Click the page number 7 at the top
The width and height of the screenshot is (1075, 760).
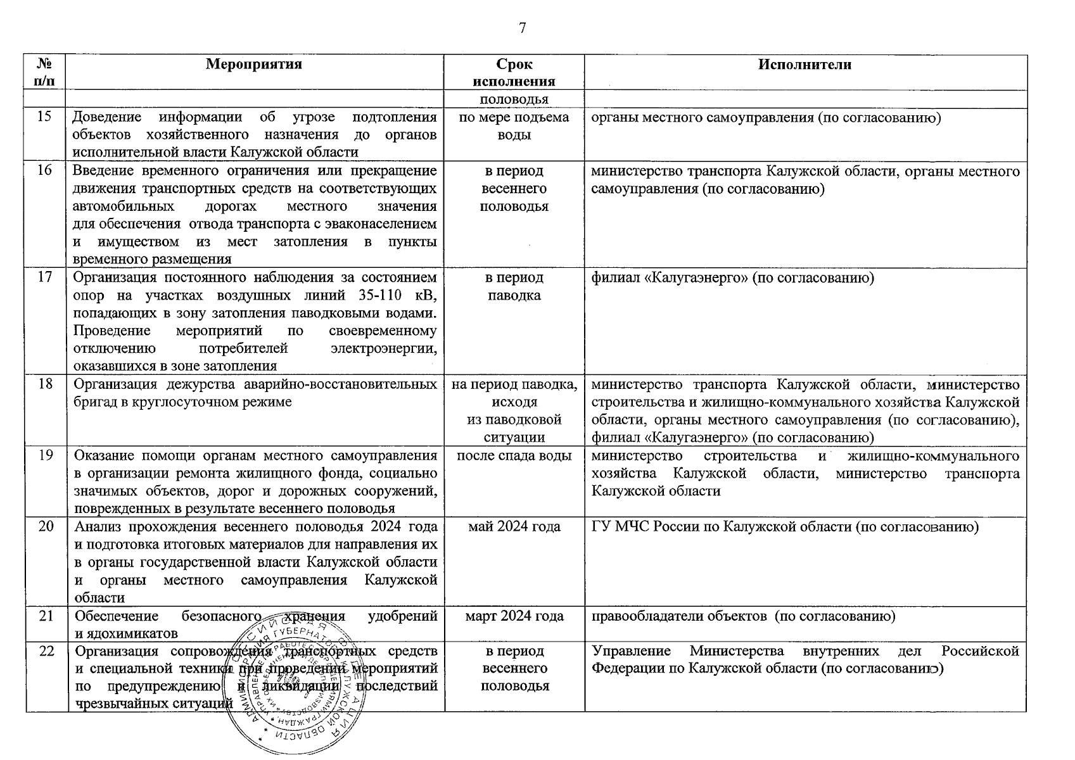coord(522,28)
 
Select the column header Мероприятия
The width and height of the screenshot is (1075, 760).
coord(254,65)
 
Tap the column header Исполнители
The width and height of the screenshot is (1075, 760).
coord(805,65)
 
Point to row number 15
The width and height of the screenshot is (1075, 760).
coord(45,117)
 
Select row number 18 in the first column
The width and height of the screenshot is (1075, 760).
coord(45,384)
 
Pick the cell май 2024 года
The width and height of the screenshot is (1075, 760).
coord(514,527)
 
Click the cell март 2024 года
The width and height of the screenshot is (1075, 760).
coord(514,616)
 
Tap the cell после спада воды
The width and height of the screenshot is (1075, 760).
coord(514,456)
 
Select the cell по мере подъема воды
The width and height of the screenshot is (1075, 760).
coord(514,126)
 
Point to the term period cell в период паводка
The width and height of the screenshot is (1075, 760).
coord(514,286)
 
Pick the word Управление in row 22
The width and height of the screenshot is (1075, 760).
coord(631,651)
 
